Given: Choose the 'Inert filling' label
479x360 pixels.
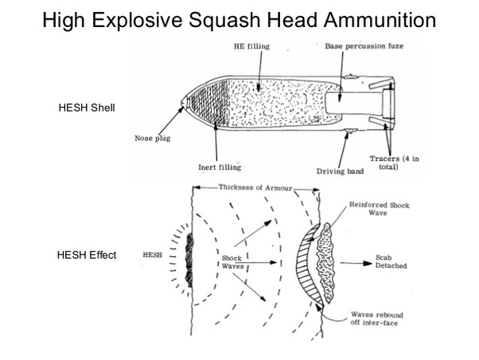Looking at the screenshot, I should [x=220, y=167].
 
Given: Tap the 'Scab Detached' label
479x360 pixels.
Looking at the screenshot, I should [x=391, y=261].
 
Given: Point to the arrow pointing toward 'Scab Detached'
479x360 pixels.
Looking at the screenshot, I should [x=354, y=261].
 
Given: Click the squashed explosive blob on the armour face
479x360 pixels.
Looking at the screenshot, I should [x=189, y=257].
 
